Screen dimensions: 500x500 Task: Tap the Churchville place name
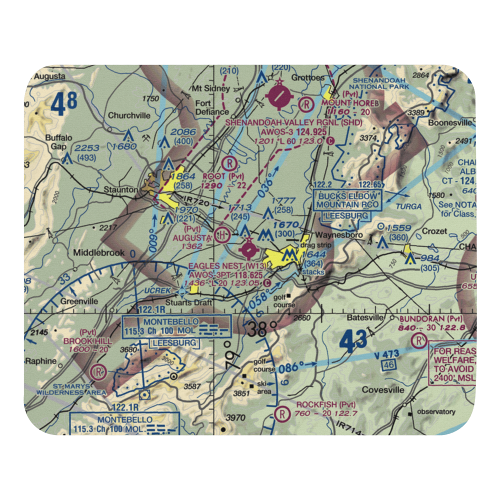[x=130, y=115]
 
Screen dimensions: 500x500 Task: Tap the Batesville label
[x=365, y=318]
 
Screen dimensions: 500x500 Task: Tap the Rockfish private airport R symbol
[x=282, y=413]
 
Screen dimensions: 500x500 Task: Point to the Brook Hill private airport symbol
[x=98, y=371]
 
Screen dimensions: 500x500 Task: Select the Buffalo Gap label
[x=58, y=141]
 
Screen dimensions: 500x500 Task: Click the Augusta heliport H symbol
[x=221, y=233]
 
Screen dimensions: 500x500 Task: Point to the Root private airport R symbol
[x=229, y=162]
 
